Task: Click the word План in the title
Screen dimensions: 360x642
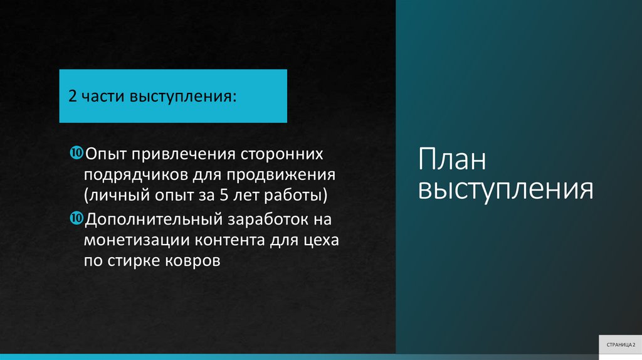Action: coord(452,161)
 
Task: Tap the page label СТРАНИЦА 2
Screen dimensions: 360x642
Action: coord(620,345)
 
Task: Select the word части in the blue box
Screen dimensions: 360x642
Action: coord(103,97)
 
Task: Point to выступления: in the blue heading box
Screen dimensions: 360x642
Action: coord(184,97)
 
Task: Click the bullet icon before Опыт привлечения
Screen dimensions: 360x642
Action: coord(76,152)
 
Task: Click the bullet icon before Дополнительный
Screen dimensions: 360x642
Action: coord(76,218)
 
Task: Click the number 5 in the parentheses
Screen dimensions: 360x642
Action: coord(224,196)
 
